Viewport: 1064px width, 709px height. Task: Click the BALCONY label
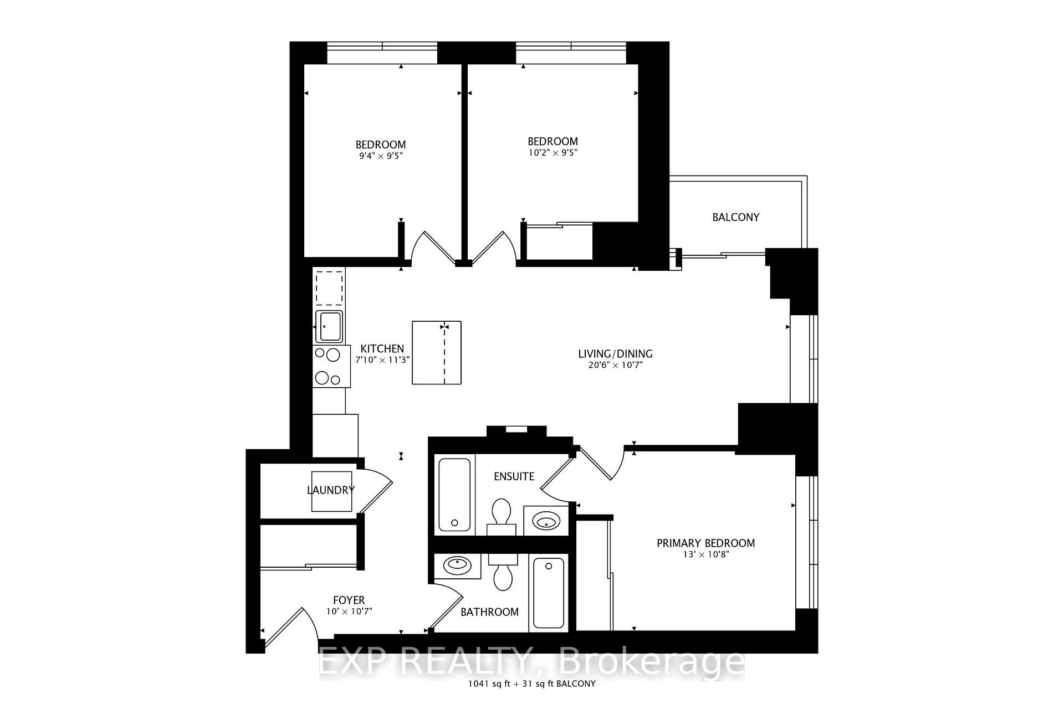[x=735, y=217]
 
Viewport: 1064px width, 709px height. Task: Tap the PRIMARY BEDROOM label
[x=705, y=543]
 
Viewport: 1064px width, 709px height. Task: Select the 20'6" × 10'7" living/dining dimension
[x=615, y=365]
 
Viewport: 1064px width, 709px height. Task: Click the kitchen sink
[x=329, y=327]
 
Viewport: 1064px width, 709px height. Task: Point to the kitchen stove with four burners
[x=331, y=366]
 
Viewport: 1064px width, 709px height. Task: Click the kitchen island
[x=436, y=352]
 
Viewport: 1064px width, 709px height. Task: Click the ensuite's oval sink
[x=546, y=521]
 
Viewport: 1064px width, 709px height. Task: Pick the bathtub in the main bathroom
[x=548, y=593]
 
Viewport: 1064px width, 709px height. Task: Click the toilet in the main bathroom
[x=503, y=573]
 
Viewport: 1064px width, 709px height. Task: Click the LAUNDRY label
[x=331, y=490]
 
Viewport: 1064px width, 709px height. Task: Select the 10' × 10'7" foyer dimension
[x=349, y=612]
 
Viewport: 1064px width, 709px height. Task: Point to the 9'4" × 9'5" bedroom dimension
[x=380, y=156]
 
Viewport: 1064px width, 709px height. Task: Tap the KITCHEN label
[x=382, y=348]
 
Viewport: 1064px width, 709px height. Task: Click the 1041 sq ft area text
[x=488, y=684]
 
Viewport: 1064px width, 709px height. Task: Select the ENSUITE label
[x=514, y=476]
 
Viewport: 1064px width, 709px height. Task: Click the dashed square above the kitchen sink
[x=329, y=287]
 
